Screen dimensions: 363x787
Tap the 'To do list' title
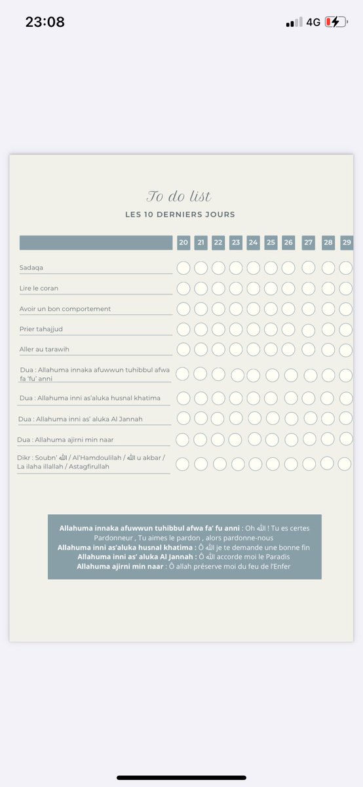coord(179,196)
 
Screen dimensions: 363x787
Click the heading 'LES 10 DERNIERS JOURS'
coord(180,214)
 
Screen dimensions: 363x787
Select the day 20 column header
coord(183,243)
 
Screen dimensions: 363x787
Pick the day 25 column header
coord(271,243)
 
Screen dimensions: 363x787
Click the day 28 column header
coord(328,243)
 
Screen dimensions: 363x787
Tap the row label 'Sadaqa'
coord(31,268)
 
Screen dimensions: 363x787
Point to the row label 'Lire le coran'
coord(39,288)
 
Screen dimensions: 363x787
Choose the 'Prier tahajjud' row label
coord(41,329)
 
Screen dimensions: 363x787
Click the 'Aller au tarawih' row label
coord(44,349)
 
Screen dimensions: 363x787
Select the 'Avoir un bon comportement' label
coord(66,308)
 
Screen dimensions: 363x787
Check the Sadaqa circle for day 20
coord(183,268)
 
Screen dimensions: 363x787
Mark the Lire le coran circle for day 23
coord(236,288)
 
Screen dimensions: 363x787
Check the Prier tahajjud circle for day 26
coord(288,329)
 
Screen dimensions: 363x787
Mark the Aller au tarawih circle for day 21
coord(201,349)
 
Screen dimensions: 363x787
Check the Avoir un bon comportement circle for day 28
coord(328,308)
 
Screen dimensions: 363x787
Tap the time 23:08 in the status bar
coord(45,22)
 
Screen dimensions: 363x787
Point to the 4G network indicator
coord(313,22)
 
